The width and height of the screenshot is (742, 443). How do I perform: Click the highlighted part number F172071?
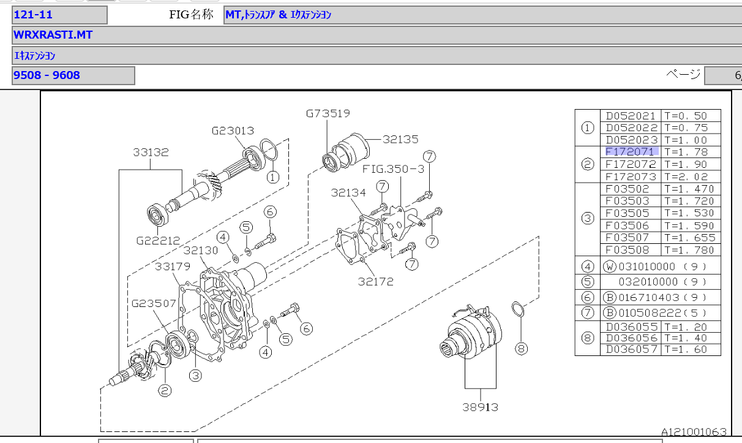tap(631, 151)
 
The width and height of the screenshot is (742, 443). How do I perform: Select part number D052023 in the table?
tap(631, 140)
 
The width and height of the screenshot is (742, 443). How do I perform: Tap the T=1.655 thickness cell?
tap(689, 238)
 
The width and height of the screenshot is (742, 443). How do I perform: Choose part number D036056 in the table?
tap(631, 338)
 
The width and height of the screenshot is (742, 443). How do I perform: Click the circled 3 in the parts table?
tap(588, 218)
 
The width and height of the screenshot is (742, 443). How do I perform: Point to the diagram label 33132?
tap(151, 152)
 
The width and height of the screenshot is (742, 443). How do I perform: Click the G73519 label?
tap(328, 113)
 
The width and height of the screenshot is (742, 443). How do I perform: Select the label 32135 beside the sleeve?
tap(400, 139)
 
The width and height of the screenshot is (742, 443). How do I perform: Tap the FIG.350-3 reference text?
tap(392, 168)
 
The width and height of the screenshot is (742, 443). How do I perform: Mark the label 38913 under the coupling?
tap(479, 406)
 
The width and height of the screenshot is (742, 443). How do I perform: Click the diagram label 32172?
tap(376, 282)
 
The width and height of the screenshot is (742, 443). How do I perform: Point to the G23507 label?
tap(153, 303)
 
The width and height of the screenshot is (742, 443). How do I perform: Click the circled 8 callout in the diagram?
tap(521, 349)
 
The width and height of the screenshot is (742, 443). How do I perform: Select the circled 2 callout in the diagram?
tap(165, 389)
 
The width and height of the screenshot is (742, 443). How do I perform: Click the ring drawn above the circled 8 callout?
tap(517, 309)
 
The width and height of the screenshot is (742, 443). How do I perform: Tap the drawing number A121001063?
tap(693, 432)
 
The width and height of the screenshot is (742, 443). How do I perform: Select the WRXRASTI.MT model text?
tap(53, 35)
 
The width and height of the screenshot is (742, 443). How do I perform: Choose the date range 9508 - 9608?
tap(47, 75)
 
